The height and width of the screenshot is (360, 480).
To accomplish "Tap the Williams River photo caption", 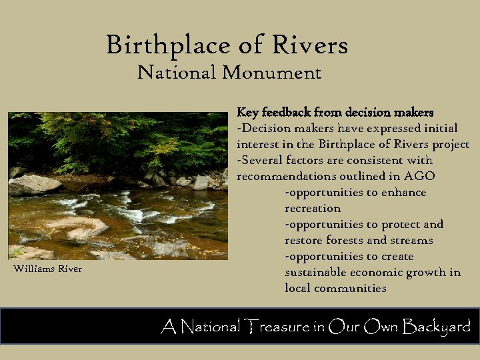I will (47, 269).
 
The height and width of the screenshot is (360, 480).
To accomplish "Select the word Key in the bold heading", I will (248, 112).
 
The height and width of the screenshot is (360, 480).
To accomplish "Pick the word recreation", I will (313, 208).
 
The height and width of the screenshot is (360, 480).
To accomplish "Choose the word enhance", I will (404, 192).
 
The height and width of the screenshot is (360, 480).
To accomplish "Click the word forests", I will (345, 240).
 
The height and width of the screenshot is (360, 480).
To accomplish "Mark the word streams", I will (411, 240).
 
